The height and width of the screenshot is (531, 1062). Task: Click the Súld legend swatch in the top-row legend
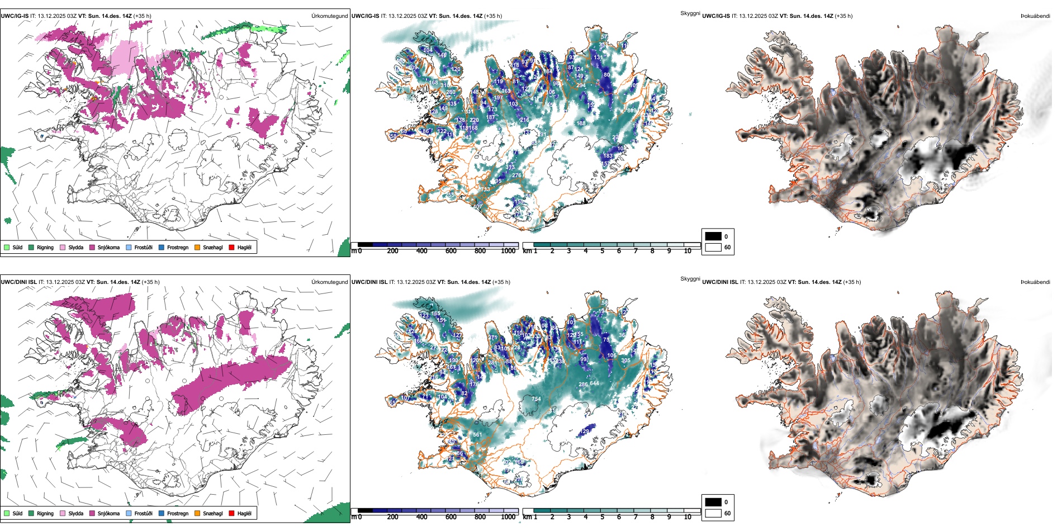[7, 247]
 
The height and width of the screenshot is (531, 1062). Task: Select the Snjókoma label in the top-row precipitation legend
[108, 247]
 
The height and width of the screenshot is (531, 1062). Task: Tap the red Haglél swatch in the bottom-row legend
[232, 513]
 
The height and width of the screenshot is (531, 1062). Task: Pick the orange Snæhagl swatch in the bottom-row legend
[197, 513]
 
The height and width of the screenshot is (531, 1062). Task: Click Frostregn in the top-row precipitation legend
[177, 247]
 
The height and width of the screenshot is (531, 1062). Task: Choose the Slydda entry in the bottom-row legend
[75, 513]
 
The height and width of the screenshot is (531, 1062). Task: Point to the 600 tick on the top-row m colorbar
[451, 251]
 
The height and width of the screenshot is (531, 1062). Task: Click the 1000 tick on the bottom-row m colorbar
[508, 517]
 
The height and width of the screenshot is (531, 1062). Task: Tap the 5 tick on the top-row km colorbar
[602, 251]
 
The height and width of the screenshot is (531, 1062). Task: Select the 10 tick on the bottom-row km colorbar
[688, 517]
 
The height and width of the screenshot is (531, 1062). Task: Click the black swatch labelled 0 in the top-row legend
[713, 236]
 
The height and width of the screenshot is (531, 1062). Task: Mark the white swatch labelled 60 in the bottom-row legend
[713, 513]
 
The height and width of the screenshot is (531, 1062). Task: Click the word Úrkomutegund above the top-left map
[329, 16]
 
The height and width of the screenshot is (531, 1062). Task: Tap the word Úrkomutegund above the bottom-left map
[329, 282]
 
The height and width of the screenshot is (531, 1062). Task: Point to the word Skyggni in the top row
[690, 13]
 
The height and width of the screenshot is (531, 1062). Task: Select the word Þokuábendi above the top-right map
[1035, 16]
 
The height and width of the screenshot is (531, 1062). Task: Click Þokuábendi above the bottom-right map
[1035, 282]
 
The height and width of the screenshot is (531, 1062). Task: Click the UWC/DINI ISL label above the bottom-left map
[18, 282]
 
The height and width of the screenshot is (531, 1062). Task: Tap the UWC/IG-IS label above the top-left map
[15, 16]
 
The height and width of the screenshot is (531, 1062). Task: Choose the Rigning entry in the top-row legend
[45, 247]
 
